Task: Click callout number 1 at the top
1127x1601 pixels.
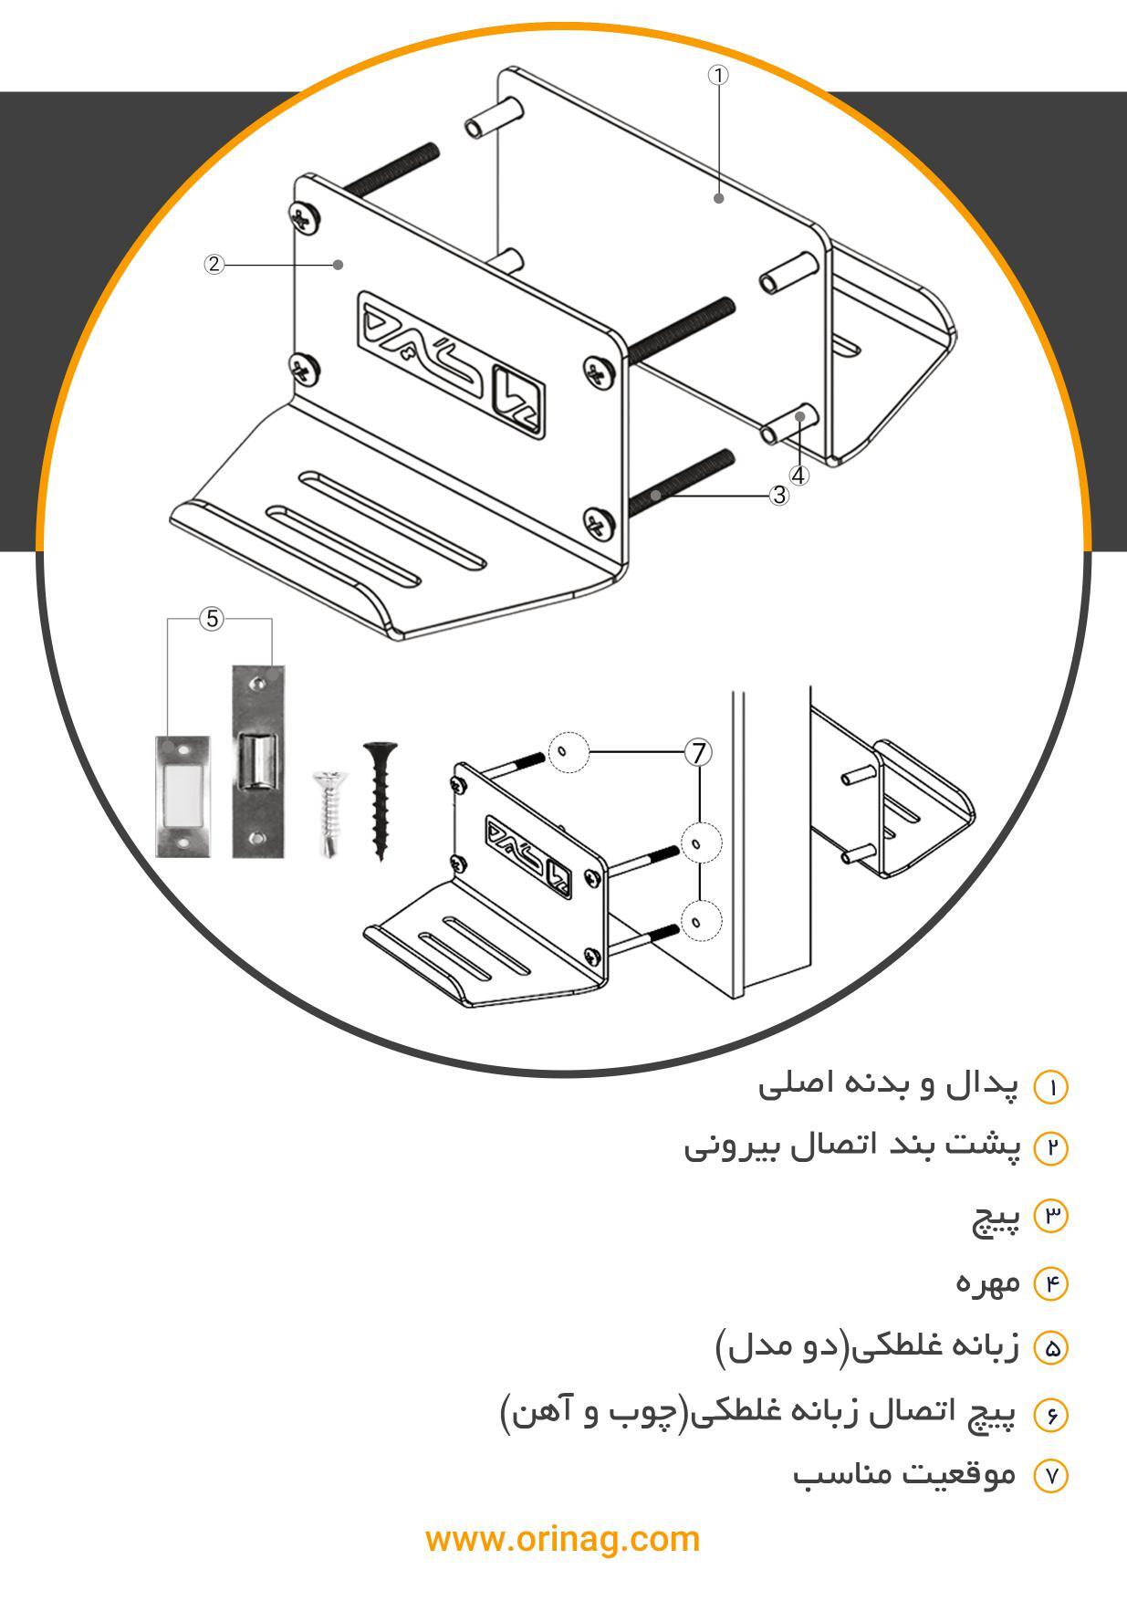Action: pos(718,76)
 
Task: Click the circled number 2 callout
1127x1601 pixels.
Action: pos(214,265)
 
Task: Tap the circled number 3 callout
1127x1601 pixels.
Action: pos(778,495)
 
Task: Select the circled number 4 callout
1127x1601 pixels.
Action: pos(798,476)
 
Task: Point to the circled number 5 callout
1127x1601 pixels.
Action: pos(212,619)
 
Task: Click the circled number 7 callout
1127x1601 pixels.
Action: pos(698,753)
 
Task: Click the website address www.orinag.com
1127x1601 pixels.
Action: pos(562,1539)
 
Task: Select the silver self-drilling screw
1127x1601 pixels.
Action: pos(327,811)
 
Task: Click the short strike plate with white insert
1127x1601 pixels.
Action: pos(183,796)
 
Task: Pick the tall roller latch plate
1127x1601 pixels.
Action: pos(258,760)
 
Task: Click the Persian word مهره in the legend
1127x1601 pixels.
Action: pos(987,1282)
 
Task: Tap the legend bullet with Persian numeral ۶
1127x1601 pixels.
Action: pos(1050,1416)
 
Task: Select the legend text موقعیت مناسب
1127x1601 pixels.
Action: pos(903,1475)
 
